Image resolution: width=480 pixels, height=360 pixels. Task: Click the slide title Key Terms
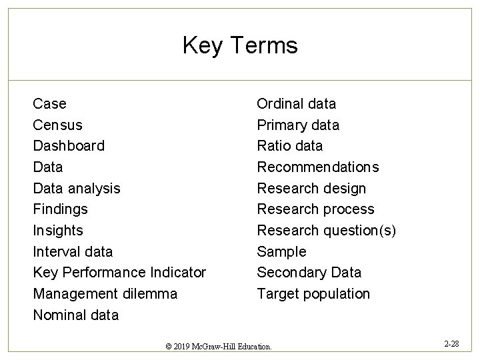[x=240, y=45]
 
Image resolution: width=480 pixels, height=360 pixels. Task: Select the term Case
[x=50, y=104]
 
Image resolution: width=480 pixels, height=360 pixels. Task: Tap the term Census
[x=58, y=125]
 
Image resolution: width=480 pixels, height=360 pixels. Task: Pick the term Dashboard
[x=69, y=146]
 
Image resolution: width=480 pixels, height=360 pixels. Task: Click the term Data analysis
[x=77, y=188]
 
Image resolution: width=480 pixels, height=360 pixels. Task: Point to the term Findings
[x=60, y=209]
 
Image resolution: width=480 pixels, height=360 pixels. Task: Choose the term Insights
[x=58, y=231]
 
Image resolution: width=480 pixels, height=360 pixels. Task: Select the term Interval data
[x=73, y=252]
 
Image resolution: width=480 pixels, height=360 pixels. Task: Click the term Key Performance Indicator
[x=119, y=273]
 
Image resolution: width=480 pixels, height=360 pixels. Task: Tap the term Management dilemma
[x=105, y=294]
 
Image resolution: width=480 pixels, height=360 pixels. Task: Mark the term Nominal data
[x=76, y=315]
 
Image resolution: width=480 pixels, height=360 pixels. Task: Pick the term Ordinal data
[x=297, y=104]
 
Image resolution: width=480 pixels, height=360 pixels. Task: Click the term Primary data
[x=298, y=125]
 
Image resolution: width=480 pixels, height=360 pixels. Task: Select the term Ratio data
[x=290, y=146]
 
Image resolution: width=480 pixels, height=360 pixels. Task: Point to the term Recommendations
[x=318, y=167]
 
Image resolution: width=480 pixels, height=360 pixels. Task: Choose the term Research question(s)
[x=327, y=231]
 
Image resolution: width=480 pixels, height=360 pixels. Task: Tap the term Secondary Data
[x=309, y=273]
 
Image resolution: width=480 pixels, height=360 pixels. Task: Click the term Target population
[x=313, y=294]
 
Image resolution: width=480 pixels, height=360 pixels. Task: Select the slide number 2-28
[x=451, y=344]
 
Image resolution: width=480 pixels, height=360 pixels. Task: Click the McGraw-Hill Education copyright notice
[x=219, y=347]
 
